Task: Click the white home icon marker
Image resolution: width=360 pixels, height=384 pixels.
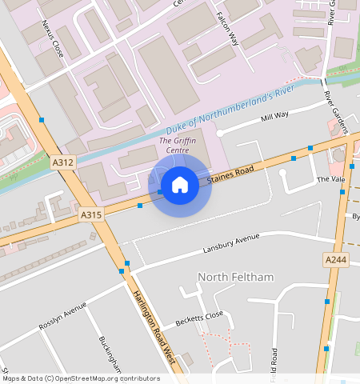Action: [x=180, y=186]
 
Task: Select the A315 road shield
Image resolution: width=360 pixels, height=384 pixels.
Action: [x=91, y=215]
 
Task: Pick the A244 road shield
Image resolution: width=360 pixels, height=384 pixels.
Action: [x=336, y=260]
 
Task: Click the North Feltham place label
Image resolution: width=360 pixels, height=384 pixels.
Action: [x=235, y=277]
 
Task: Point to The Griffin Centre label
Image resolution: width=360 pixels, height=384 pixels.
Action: [x=178, y=145]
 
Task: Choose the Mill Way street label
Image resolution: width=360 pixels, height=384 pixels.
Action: [x=275, y=117]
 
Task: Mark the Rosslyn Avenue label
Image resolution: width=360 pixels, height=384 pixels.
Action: [x=62, y=317]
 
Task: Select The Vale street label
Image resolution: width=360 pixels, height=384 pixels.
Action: [x=330, y=180]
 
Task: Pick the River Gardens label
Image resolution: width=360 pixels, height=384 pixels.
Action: [x=337, y=110]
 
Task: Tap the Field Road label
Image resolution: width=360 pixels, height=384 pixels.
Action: [x=274, y=364]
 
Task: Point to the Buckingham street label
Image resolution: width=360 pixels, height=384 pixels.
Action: [x=110, y=353]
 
